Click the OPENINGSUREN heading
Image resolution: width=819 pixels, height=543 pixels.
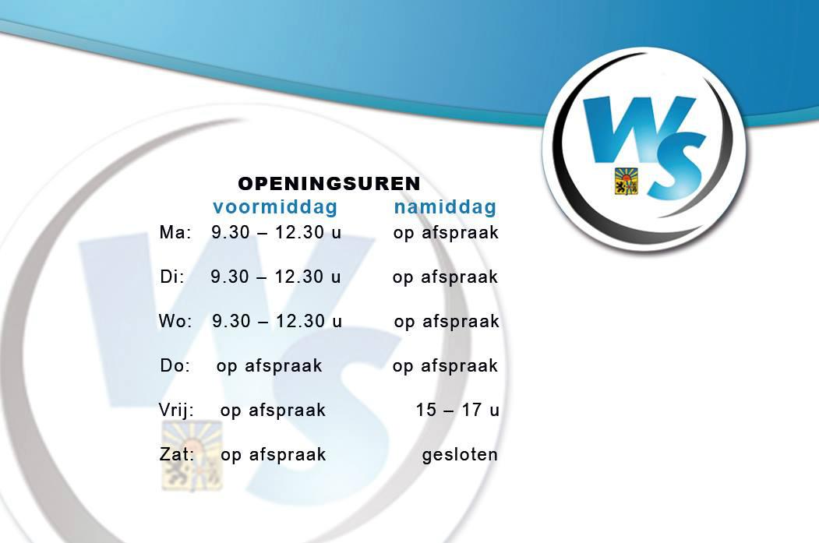pyautogui.click(x=329, y=184)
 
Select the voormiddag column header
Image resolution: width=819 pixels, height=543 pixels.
pyautogui.click(x=275, y=206)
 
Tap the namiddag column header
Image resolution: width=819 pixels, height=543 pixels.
pyautogui.click(x=445, y=206)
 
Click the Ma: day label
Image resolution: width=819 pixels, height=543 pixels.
pyautogui.click(x=175, y=232)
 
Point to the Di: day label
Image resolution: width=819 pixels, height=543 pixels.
pyautogui.click(x=172, y=277)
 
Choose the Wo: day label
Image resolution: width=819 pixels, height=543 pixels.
pyautogui.click(x=175, y=321)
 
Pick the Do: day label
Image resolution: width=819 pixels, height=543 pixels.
pyautogui.click(x=175, y=365)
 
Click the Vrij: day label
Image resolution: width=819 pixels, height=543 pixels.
pyautogui.click(x=177, y=411)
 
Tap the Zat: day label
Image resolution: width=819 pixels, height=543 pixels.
pyautogui.click(x=177, y=454)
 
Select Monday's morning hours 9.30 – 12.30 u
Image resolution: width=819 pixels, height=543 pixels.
pyautogui.click(x=277, y=232)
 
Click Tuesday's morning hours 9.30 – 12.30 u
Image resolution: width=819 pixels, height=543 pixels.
pyautogui.click(x=276, y=277)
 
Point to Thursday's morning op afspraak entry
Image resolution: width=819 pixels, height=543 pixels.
pyautogui.click(x=270, y=366)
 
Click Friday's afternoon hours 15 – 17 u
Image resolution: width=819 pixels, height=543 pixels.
pyautogui.click(x=457, y=410)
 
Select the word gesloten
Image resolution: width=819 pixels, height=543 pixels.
pyautogui.click(x=460, y=455)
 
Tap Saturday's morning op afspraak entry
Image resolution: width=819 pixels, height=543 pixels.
pyautogui.click(x=274, y=455)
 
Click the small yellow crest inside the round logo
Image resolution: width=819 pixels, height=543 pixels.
pyautogui.click(x=627, y=181)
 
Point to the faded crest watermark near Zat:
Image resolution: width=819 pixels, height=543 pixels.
pyautogui.click(x=192, y=456)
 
